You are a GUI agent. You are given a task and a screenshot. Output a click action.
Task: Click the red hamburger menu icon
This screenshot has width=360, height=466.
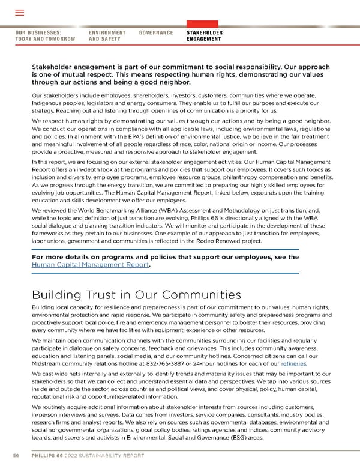[19, 13]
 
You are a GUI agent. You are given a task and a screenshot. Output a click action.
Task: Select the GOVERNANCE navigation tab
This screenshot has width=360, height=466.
[156, 32]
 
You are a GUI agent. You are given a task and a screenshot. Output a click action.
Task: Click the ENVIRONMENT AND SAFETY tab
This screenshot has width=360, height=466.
[107, 35]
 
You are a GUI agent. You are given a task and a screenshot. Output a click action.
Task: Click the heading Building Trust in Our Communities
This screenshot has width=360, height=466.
[136, 295]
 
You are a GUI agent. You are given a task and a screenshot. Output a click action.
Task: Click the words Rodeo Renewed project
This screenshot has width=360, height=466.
[231, 240]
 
